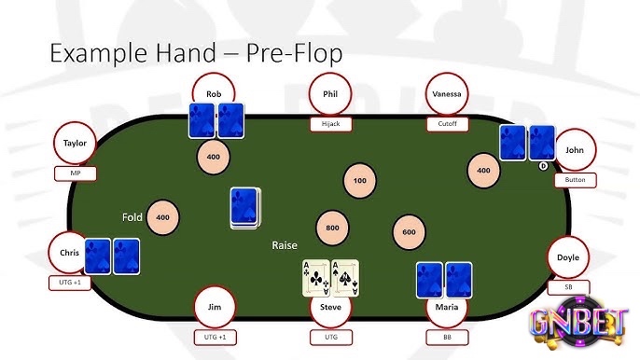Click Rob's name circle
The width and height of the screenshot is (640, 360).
[214, 94]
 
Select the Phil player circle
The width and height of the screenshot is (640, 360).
[330, 94]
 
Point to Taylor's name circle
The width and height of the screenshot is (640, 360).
[76, 144]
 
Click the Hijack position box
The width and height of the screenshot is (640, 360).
[330, 123]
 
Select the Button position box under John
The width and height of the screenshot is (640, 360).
[575, 179]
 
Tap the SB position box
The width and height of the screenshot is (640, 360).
[567, 287]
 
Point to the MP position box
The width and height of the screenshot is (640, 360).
[76, 173]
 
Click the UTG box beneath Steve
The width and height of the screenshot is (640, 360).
[330, 337]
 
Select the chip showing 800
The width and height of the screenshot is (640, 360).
[333, 228]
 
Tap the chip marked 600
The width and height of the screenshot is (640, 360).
[409, 231]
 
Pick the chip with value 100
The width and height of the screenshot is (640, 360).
[360, 179]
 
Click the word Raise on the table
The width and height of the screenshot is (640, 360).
[285, 245]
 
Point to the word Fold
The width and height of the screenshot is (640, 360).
[132, 217]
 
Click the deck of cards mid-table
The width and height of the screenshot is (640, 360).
[246, 208]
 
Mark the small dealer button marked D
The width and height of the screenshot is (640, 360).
[543, 166]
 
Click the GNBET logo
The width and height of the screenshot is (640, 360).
[577, 323]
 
